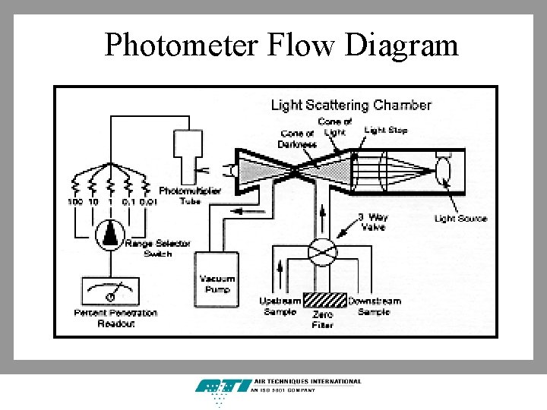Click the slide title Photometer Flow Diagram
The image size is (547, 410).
[x=281, y=46]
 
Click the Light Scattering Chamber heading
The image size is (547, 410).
[x=351, y=106]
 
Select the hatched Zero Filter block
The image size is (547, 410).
[x=325, y=300]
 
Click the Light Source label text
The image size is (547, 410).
[x=460, y=219]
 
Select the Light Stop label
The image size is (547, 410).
[x=386, y=131]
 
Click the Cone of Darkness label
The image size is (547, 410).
[x=297, y=140]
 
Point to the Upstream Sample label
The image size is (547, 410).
[x=280, y=306]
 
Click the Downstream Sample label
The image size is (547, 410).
[x=374, y=306]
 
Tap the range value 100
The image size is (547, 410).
[x=74, y=202]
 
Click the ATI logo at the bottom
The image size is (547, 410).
[x=223, y=388]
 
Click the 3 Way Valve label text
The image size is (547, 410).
[x=372, y=221]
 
